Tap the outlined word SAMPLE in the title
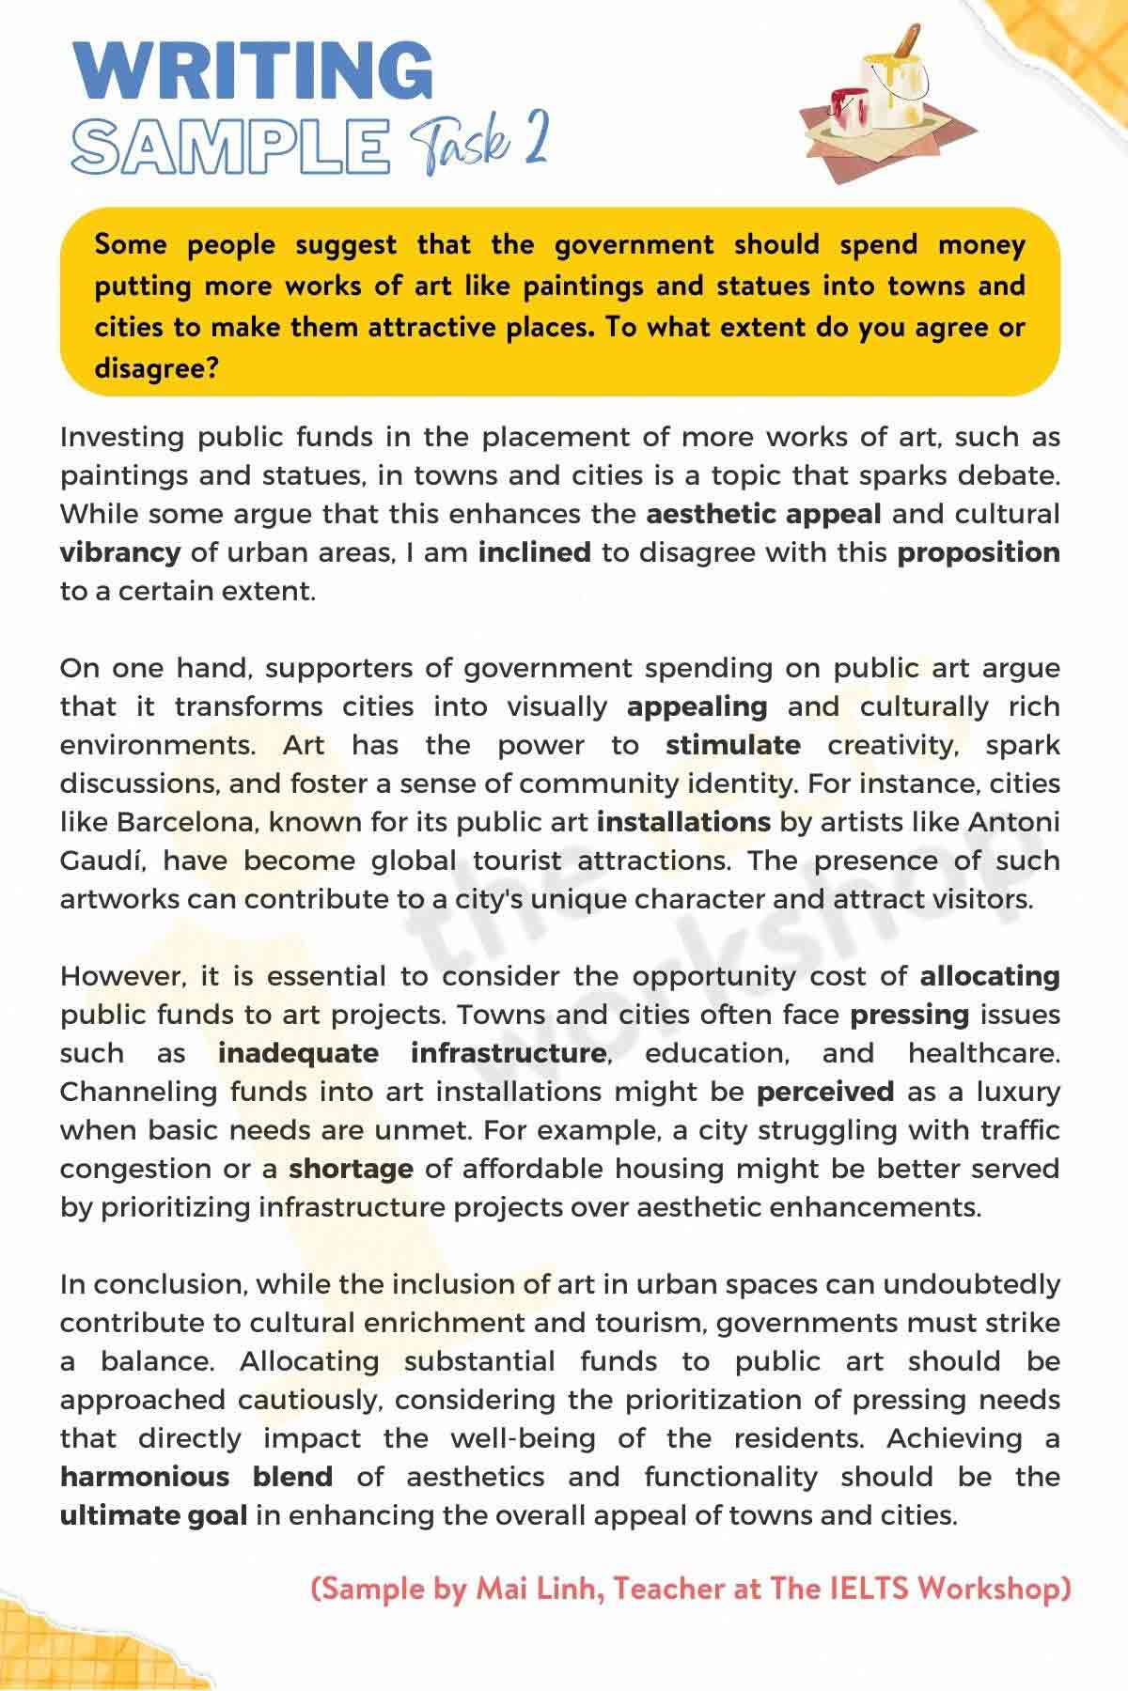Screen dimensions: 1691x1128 point(230,147)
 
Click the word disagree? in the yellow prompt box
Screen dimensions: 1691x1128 point(157,368)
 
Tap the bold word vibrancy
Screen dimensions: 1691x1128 point(120,552)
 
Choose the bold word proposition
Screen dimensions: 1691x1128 point(979,552)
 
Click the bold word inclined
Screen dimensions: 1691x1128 point(535,552)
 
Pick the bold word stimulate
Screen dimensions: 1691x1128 point(733,746)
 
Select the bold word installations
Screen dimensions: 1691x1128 point(683,823)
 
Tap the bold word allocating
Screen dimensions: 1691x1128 point(990,977)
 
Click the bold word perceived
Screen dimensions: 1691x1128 point(825,1093)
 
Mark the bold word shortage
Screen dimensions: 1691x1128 point(351,1170)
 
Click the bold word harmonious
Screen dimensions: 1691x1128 point(145,1477)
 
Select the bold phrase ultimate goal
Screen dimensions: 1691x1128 point(153,1515)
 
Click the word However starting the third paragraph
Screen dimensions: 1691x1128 point(122,977)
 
